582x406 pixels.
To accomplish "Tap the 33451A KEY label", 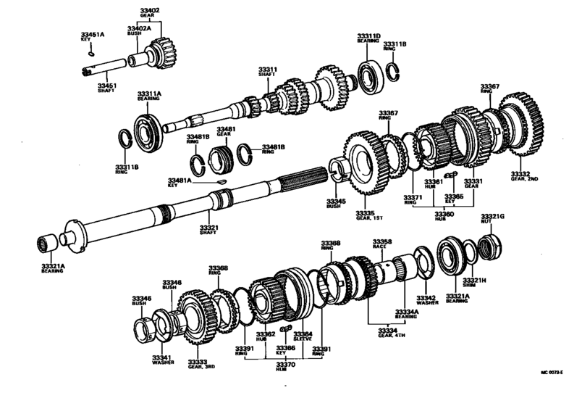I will coord(93,36).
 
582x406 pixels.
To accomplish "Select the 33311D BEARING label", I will coord(370,37).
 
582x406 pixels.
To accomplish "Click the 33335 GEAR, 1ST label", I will coord(365,216).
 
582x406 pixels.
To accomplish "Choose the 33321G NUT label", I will coord(493,218).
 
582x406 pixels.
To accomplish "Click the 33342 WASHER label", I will coord(426,300).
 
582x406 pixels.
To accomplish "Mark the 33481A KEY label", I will coord(179,183).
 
